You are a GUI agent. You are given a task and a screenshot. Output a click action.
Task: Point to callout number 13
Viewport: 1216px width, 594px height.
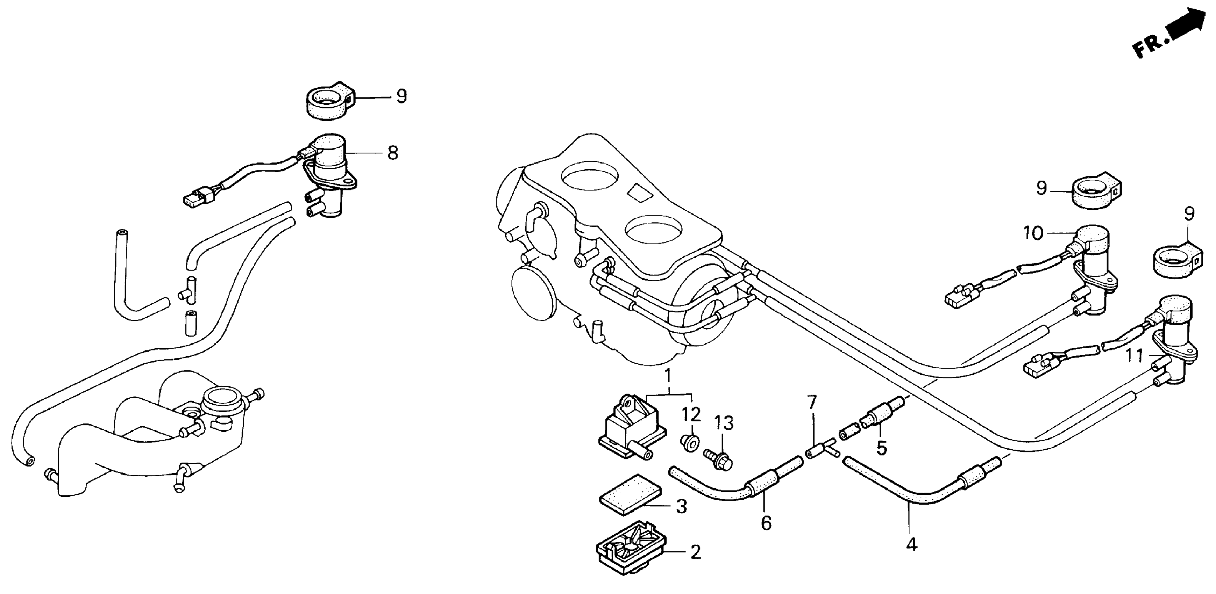[723, 423]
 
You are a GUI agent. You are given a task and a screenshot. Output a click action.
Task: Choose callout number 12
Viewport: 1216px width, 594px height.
[691, 415]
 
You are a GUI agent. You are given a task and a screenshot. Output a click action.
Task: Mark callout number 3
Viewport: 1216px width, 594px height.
[681, 506]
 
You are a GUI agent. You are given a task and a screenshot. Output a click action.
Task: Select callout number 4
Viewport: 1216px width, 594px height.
[911, 545]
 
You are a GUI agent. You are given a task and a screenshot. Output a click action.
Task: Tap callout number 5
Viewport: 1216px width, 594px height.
[881, 448]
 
